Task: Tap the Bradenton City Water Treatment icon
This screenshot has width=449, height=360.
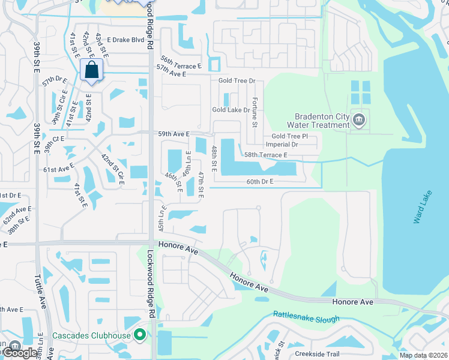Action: [359, 120]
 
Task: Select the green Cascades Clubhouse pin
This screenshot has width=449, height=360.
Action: [140, 335]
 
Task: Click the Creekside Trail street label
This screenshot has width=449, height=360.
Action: [317, 354]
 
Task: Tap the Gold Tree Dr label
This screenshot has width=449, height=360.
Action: [237, 80]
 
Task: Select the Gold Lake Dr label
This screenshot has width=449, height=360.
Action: [231, 110]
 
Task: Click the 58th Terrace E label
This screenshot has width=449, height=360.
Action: [265, 155]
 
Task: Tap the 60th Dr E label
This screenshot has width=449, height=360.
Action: [259, 181]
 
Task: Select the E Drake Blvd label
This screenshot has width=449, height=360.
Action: [126, 40]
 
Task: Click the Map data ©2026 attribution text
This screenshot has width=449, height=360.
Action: [423, 355]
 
